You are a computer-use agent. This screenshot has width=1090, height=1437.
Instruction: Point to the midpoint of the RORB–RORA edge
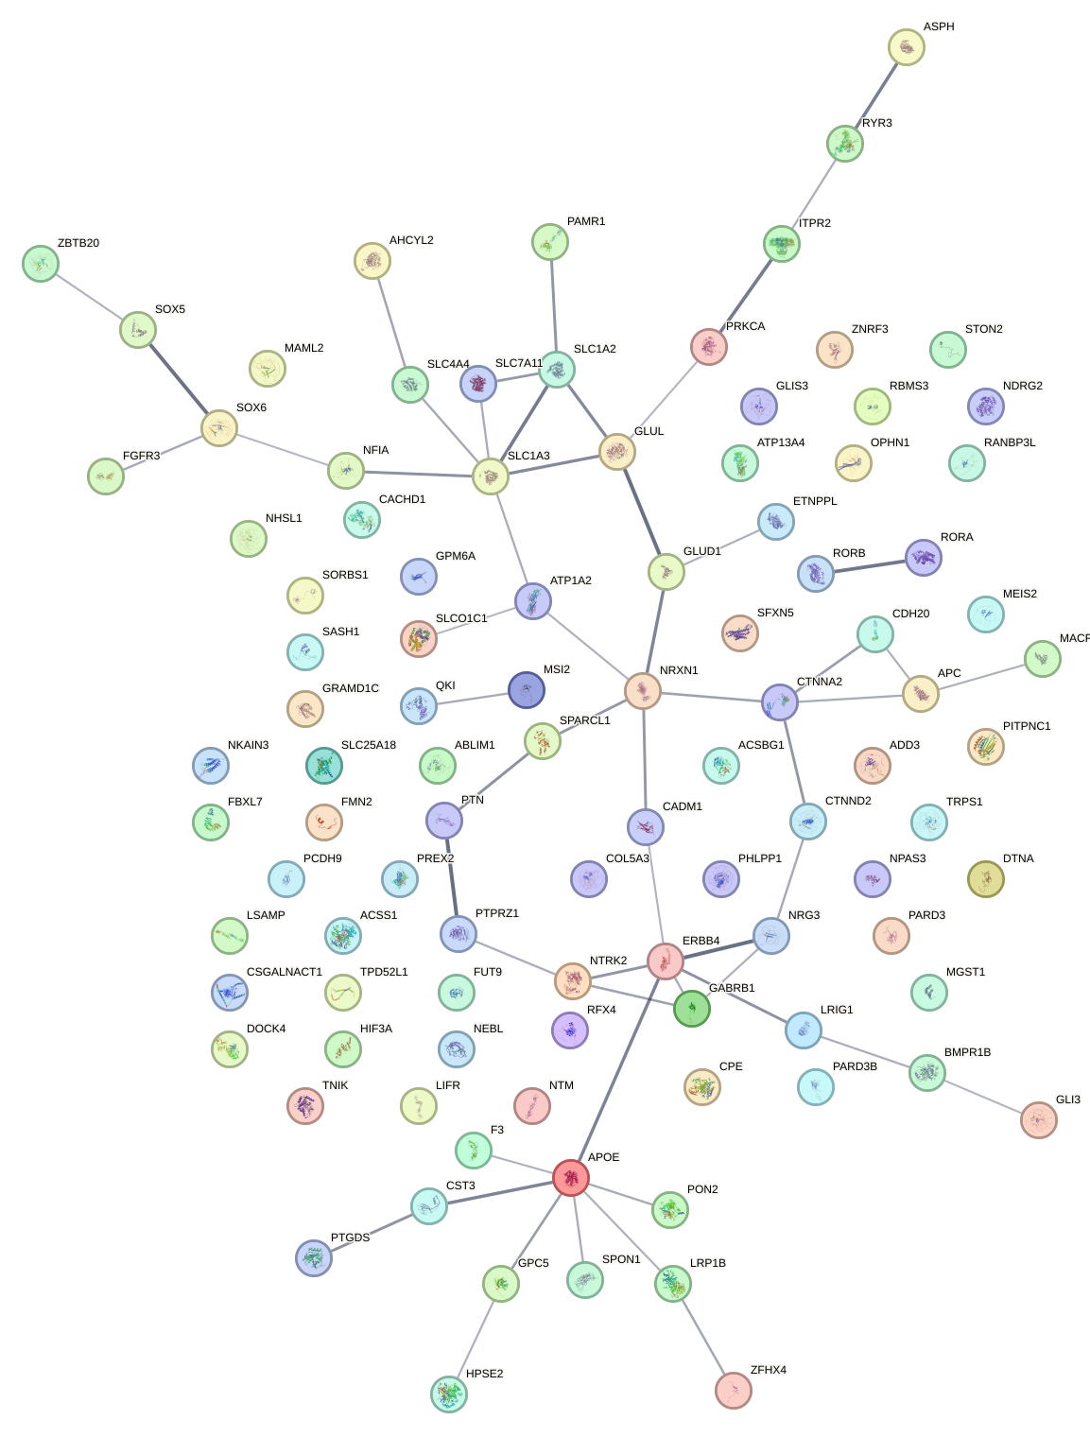pyautogui.click(x=869, y=565)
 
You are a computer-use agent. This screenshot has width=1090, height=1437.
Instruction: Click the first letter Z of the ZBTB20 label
pyautogui.click(x=61, y=243)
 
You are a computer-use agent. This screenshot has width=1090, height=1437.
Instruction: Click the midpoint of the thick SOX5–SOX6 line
pyautogui.click(x=178, y=378)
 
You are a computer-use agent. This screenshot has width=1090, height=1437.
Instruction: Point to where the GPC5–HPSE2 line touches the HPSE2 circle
pyautogui.click(x=457, y=1376)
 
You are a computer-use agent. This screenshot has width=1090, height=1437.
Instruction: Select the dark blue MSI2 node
pyautogui.click(x=526, y=689)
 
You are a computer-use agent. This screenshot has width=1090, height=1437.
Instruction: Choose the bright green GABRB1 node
pyautogui.click(x=691, y=1008)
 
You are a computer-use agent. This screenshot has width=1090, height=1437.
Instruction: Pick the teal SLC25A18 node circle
pyautogui.click(x=323, y=766)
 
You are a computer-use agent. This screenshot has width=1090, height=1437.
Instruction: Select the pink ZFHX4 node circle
pyautogui.click(x=733, y=1390)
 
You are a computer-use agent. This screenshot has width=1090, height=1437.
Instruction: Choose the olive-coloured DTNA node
pyautogui.click(x=985, y=878)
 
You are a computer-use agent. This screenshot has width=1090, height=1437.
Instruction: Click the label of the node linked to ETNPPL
pyautogui.click(x=701, y=551)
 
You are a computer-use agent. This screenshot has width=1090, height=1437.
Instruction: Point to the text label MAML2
pyautogui.click(x=303, y=348)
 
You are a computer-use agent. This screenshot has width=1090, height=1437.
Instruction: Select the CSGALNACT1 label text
pyautogui.click(x=285, y=972)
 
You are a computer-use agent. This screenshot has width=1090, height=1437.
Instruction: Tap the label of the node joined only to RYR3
pyautogui.click(x=939, y=26)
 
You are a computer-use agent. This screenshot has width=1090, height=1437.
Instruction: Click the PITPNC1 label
pyautogui.click(x=1026, y=726)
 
